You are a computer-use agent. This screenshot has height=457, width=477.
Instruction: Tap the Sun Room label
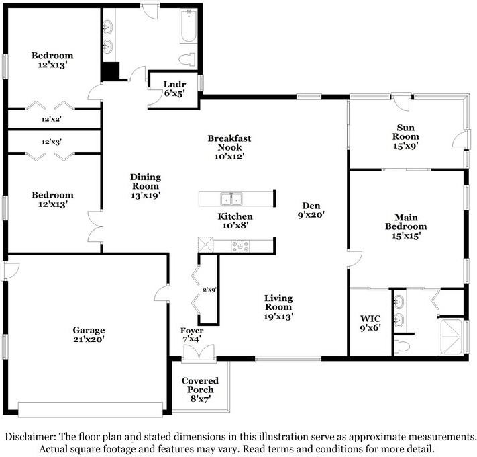405,131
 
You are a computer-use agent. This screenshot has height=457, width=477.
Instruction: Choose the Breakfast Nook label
224,147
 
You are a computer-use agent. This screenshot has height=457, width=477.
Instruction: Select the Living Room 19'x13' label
278,306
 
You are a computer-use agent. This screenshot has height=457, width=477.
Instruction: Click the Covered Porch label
200,390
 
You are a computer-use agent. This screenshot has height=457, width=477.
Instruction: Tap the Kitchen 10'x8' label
235,221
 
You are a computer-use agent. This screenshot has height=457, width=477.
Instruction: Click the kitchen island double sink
233,198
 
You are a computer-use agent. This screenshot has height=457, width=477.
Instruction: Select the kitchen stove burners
241,246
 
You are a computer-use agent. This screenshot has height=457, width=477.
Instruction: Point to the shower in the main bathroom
449,336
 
